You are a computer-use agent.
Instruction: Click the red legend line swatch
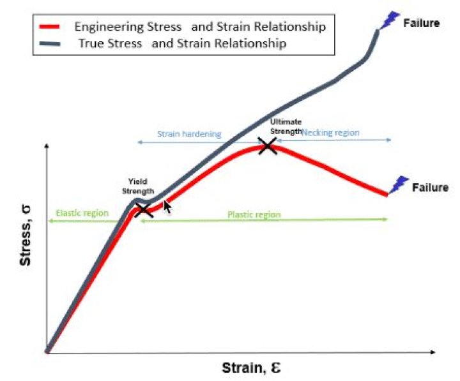click(50, 27)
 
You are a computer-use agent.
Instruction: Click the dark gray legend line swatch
click(50, 45)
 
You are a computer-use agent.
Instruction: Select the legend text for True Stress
click(182, 44)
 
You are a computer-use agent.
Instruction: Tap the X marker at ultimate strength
click(267, 146)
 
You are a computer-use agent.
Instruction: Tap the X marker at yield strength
click(144, 209)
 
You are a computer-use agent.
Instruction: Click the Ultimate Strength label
click(286, 126)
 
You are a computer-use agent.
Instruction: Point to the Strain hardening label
click(189, 134)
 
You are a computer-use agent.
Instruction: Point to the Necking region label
click(330, 133)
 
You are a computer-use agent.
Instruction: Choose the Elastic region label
click(82, 213)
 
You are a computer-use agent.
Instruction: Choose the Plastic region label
click(254, 214)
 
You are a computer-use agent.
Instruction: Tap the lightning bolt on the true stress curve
click(387, 20)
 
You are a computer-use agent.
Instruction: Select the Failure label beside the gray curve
click(421, 24)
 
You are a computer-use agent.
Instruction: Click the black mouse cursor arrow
click(167, 207)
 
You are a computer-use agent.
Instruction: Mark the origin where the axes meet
click(47, 352)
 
